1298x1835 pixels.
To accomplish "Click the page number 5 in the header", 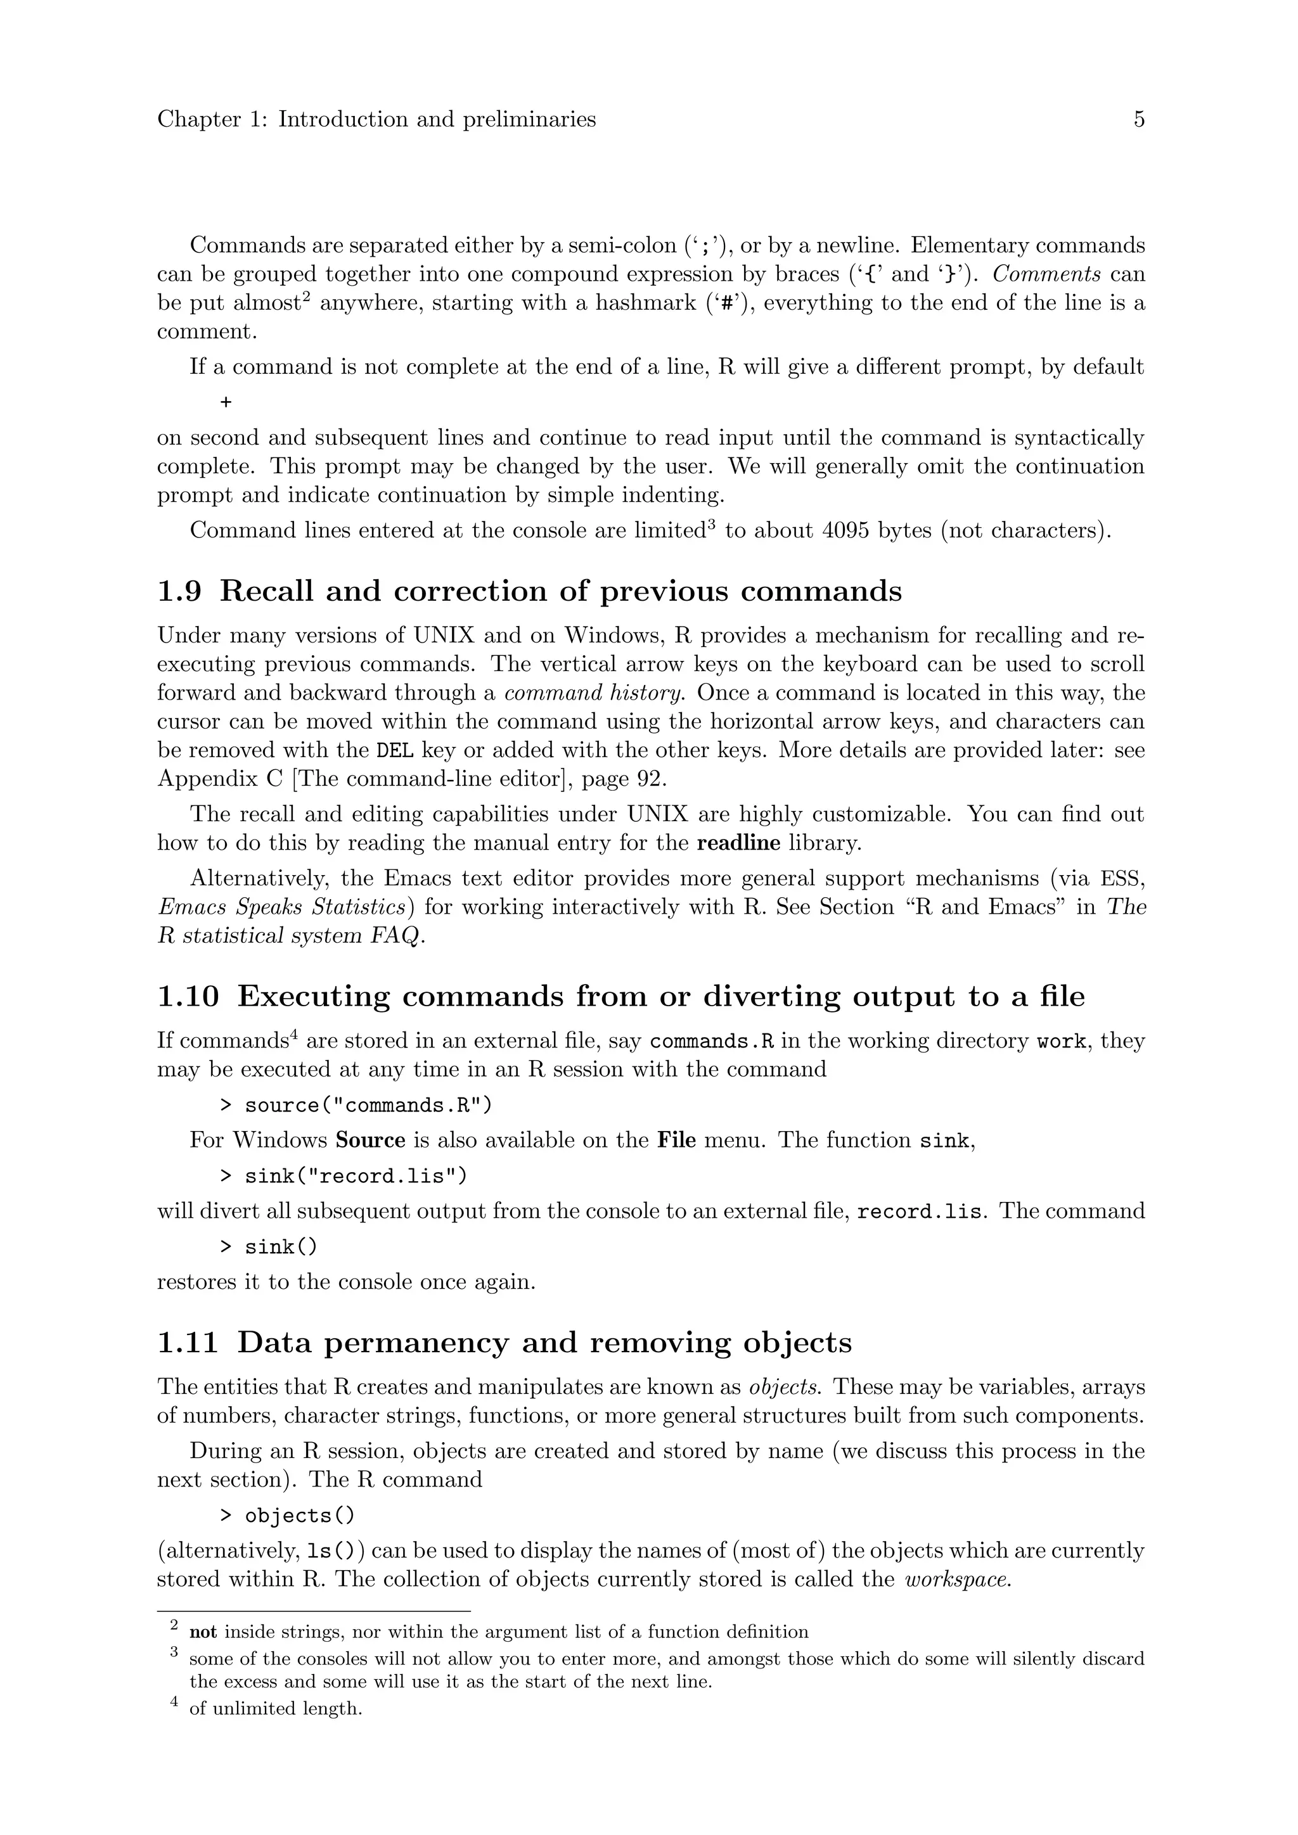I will tap(1139, 120).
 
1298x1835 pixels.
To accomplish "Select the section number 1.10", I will tap(188, 997).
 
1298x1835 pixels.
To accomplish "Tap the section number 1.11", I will tap(188, 1342).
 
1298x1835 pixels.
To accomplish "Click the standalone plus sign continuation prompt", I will tap(226, 402).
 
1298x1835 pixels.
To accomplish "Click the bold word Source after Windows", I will tap(371, 1141).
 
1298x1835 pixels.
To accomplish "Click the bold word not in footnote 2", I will tap(203, 1632).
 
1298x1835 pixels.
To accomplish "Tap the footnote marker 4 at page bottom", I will tap(174, 1706).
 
